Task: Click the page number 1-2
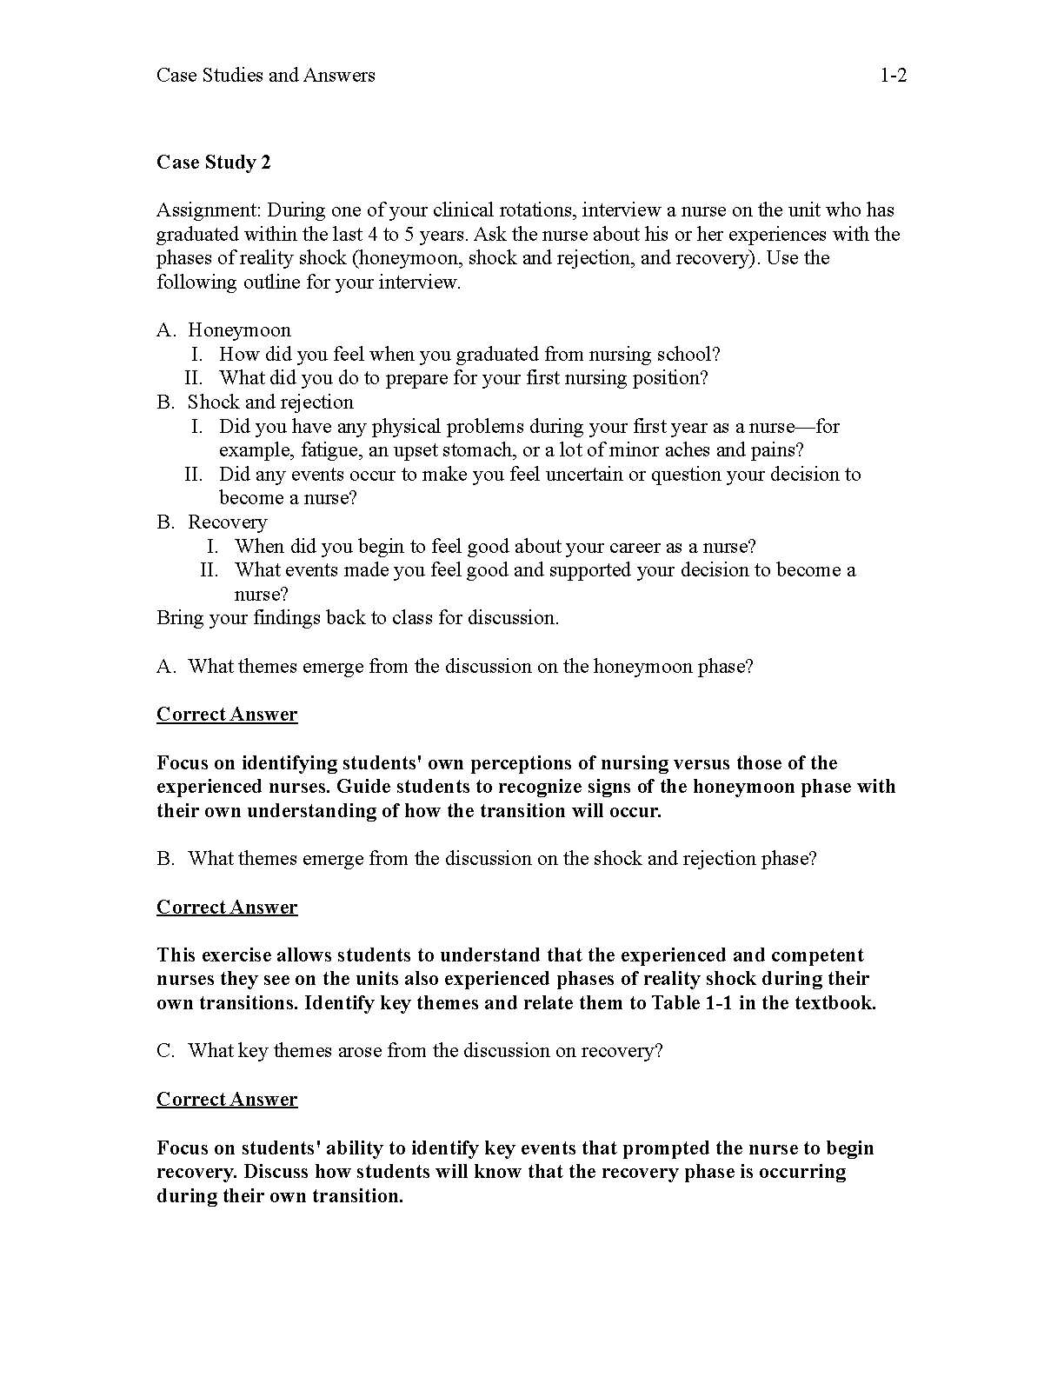pos(894,76)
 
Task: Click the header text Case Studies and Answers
pos(266,76)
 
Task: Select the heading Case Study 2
pos(214,163)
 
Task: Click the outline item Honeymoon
pos(239,330)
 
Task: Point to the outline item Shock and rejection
pos(270,402)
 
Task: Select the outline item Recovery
pos(227,522)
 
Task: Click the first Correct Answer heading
pos(227,715)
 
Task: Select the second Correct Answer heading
pos(227,908)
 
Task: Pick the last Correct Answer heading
pos(227,1100)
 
